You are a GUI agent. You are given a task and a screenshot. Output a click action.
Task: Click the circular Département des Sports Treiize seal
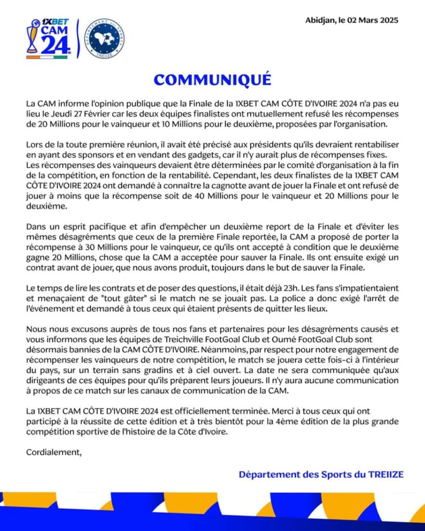click(104, 38)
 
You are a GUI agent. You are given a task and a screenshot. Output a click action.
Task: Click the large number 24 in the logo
click(54, 46)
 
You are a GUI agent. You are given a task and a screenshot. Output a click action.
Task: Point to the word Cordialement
click(54, 452)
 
